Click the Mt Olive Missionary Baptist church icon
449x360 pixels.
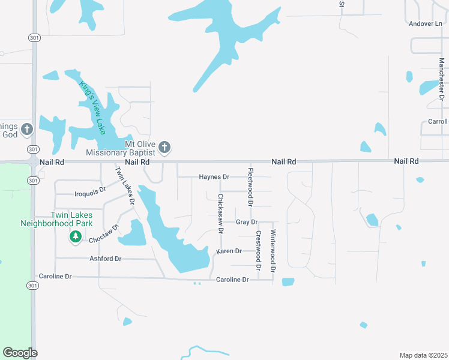coord(165,147)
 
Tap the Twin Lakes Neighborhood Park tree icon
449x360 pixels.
coord(75,238)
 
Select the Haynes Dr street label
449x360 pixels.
coord(214,177)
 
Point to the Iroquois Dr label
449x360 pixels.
coord(89,194)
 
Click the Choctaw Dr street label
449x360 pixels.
coord(104,235)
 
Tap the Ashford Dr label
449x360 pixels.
coord(106,259)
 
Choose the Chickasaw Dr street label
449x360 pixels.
coord(220,214)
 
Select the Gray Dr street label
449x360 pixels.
coord(247,222)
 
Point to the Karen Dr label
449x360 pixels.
coord(229,251)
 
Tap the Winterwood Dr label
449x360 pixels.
coord(273,251)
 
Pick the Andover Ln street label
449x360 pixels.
coord(425,24)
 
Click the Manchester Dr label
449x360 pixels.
coord(441,79)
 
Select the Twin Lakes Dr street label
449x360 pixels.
coord(124,185)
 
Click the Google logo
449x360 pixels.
coord(20,353)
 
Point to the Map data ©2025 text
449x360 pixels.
coord(423,355)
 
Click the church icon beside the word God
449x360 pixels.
coord(26,129)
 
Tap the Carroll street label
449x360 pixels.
coord(438,121)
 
